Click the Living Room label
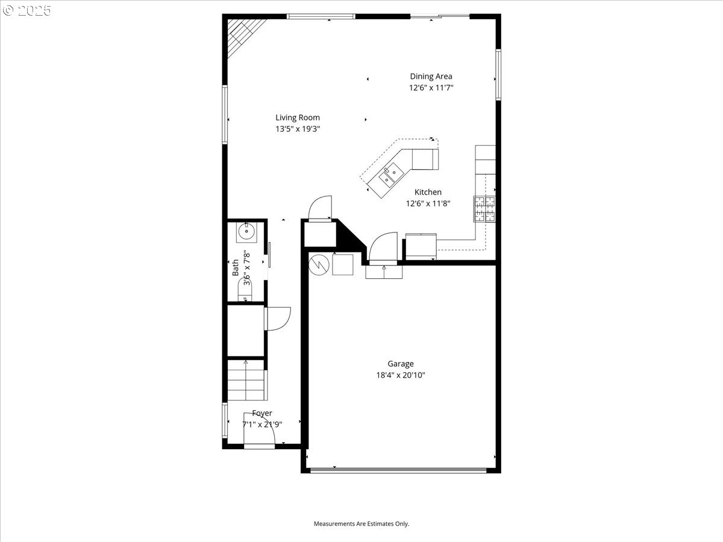[x=298, y=117]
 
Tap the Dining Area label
[x=431, y=76]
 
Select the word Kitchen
[x=428, y=192]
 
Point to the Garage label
[x=400, y=363]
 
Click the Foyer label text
[x=262, y=413]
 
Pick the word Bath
[x=236, y=267]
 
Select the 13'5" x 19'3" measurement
[x=298, y=128]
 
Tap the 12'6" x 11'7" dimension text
[x=431, y=87]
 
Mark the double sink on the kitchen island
[x=390, y=175]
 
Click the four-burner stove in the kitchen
[x=485, y=209]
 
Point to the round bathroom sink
[x=246, y=231]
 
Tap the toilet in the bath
[x=246, y=293]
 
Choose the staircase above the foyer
[x=246, y=381]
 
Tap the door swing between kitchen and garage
[x=383, y=248]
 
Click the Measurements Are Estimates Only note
[x=361, y=524]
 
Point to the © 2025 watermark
[x=28, y=10]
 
